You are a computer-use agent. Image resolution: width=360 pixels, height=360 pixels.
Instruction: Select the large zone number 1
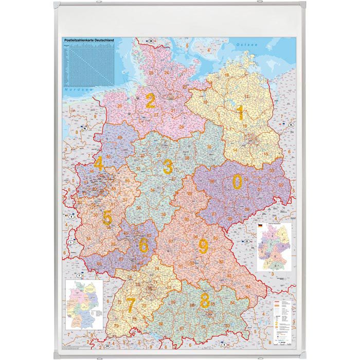(x=240, y=113)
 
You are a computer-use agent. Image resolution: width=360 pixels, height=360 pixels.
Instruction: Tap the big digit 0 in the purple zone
(x=237, y=182)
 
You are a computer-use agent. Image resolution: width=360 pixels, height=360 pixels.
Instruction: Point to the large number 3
(x=168, y=167)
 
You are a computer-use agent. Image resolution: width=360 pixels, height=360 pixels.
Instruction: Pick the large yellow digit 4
(x=98, y=164)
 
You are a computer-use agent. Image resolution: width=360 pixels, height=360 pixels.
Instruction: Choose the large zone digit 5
(x=106, y=218)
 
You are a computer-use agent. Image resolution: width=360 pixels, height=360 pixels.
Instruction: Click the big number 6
(x=143, y=246)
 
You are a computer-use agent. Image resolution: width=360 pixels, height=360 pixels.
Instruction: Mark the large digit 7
(x=131, y=305)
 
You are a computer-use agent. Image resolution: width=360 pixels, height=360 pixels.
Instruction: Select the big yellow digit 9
(x=203, y=247)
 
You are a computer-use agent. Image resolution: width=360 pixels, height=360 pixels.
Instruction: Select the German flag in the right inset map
(x=260, y=226)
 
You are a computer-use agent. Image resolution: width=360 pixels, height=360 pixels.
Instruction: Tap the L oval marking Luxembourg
(x=70, y=242)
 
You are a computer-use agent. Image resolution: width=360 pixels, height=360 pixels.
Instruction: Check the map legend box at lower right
(x=283, y=319)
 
